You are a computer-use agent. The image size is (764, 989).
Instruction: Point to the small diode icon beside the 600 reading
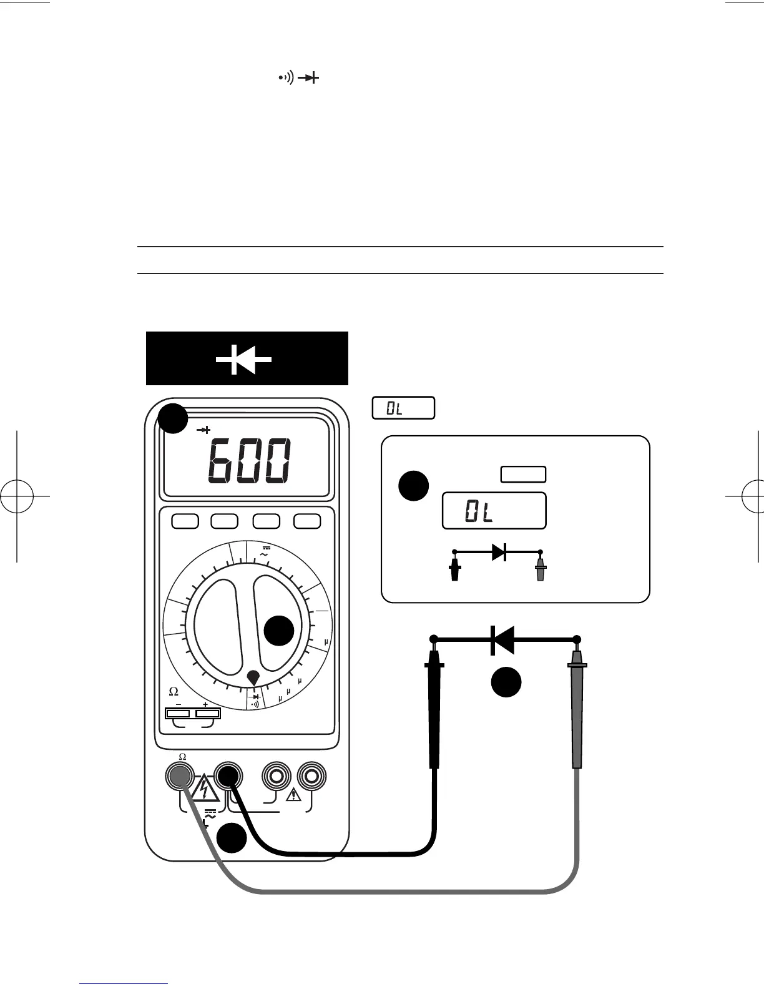point(203,430)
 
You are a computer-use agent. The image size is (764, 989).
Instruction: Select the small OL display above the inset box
point(403,408)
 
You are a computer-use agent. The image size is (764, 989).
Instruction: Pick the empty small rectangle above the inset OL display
point(523,475)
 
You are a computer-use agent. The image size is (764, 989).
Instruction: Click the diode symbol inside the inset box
point(498,552)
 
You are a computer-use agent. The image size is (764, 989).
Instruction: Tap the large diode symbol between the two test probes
point(502,639)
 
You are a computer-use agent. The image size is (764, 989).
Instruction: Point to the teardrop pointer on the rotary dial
point(253,677)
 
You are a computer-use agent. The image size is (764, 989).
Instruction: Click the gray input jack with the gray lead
point(180,776)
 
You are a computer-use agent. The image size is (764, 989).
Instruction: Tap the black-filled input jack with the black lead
point(228,776)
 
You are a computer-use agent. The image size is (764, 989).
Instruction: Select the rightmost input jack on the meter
point(312,776)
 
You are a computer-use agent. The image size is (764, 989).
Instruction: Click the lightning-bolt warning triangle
point(204,789)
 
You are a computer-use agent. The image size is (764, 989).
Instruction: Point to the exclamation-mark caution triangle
point(293,795)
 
